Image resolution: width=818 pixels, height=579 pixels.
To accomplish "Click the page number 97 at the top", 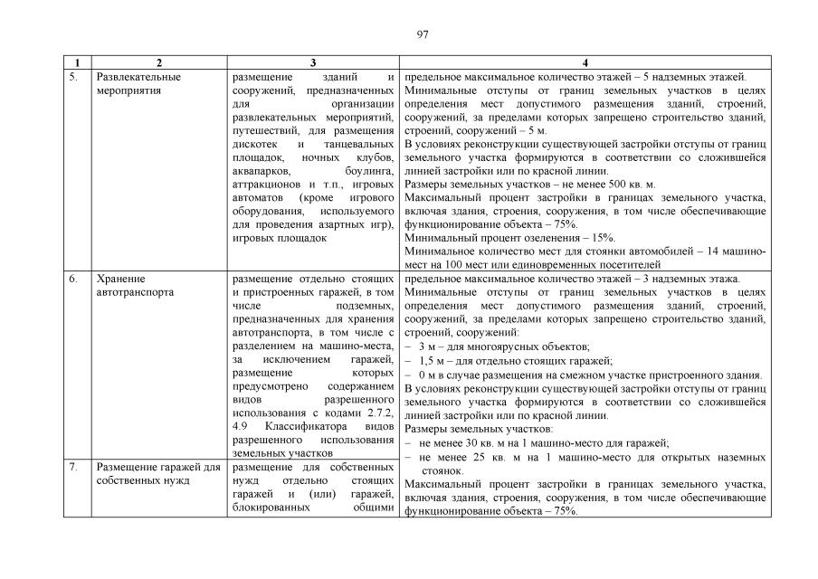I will [423, 34].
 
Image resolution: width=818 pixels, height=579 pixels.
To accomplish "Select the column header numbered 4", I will [585, 63].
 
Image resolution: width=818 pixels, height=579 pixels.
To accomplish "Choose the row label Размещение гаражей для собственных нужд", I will [157, 473].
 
